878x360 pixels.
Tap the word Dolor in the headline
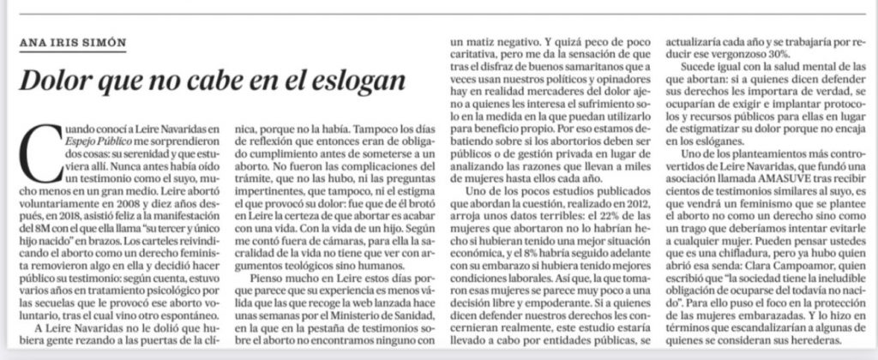[51, 83]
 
